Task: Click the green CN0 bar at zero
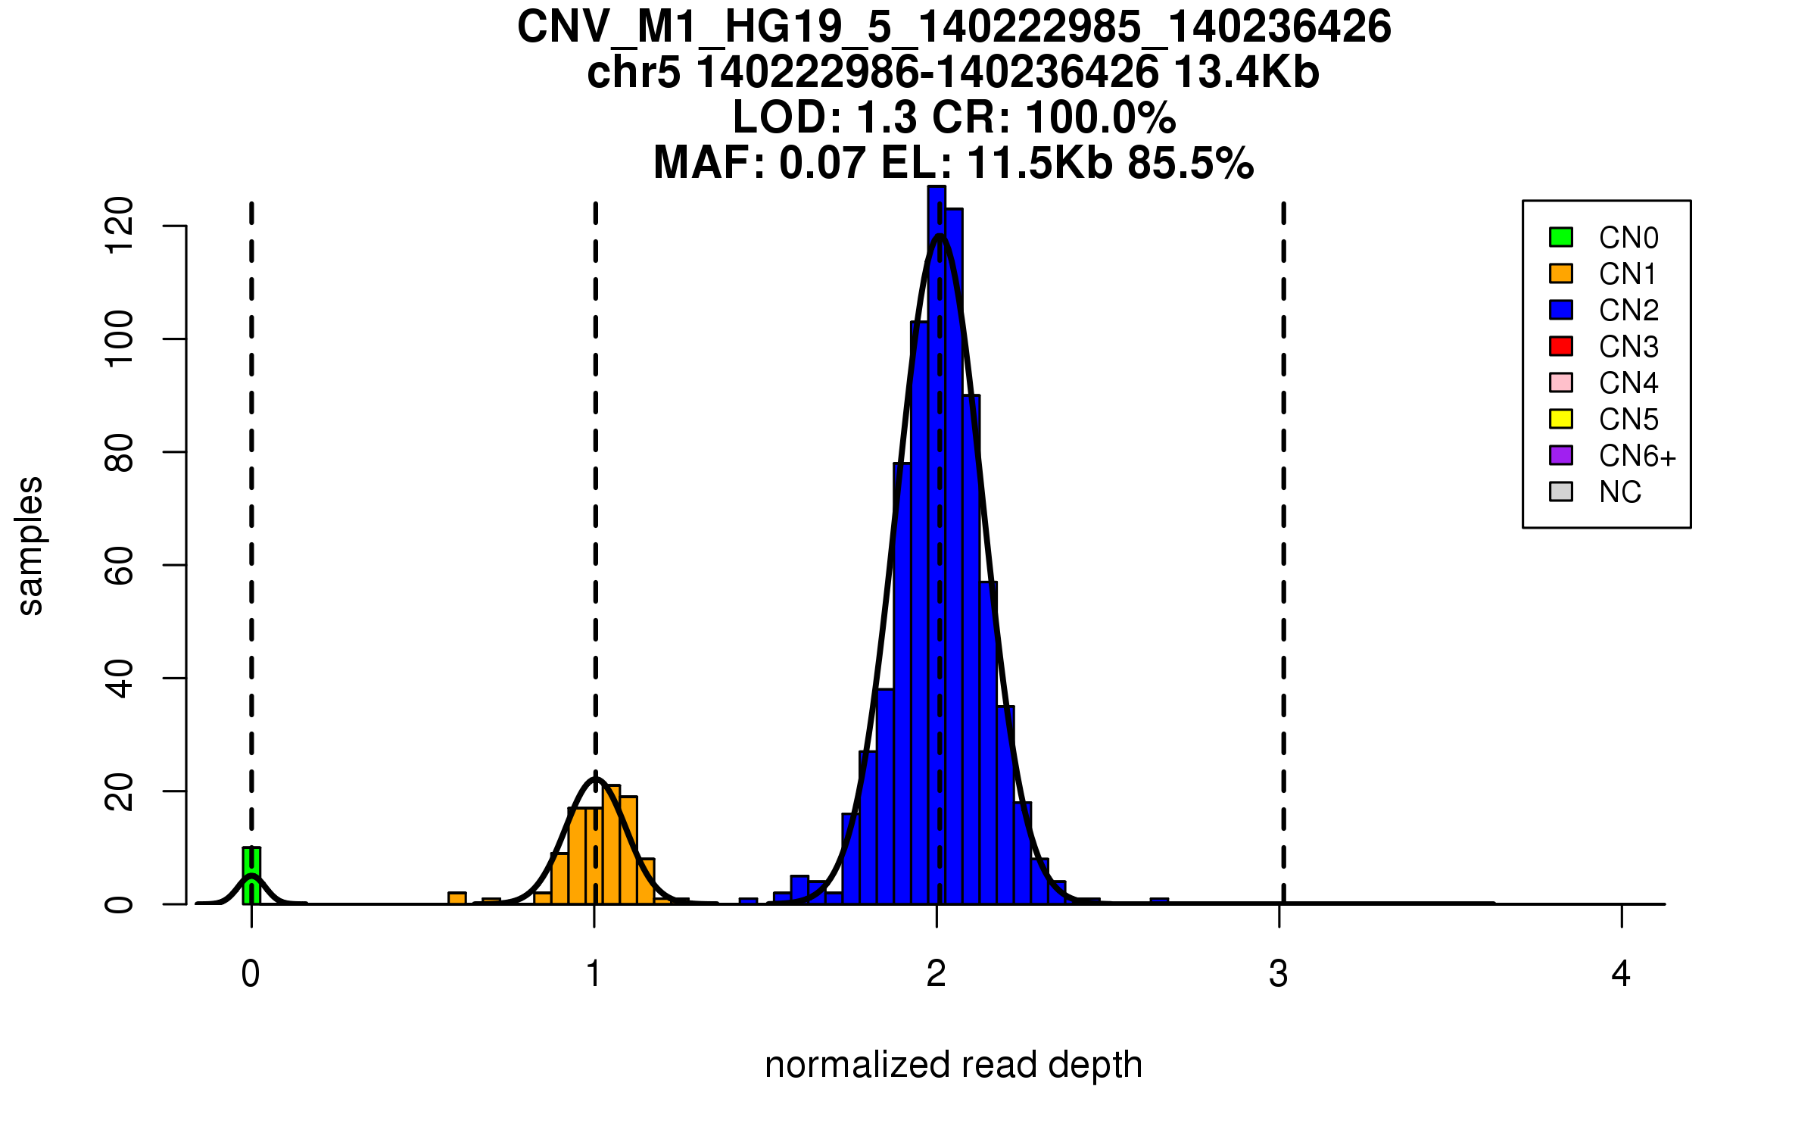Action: [x=251, y=876]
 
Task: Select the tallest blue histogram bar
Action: [x=937, y=545]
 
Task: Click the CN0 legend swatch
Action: [x=1561, y=237]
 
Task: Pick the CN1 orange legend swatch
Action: [x=1561, y=273]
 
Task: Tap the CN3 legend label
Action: [x=1628, y=347]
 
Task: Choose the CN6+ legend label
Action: [x=1637, y=456]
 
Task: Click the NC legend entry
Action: [x=1619, y=492]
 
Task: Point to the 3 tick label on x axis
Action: [x=1279, y=974]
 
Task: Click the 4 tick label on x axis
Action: [x=1621, y=974]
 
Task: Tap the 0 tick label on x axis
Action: [x=251, y=974]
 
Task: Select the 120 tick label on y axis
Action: [x=120, y=226]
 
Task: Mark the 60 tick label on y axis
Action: [x=120, y=565]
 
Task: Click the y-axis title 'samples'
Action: [x=30, y=545]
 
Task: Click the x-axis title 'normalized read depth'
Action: [x=953, y=1065]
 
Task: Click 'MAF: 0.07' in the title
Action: [x=759, y=163]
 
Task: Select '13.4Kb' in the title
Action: [x=1246, y=73]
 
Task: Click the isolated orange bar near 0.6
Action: [x=457, y=898]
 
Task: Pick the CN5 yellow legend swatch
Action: [x=1561, y=419]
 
